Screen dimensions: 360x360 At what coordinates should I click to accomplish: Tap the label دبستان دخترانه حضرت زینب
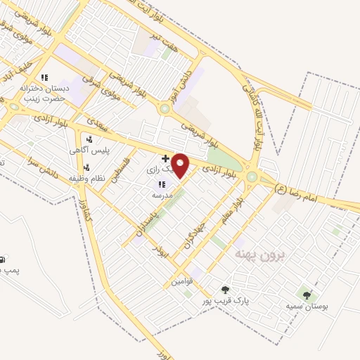point(43,94)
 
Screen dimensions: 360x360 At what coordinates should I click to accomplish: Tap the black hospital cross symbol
point(165,159)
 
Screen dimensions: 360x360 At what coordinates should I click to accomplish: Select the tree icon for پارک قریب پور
point(225,290)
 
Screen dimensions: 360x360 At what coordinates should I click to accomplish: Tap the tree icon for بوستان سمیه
point(306,295)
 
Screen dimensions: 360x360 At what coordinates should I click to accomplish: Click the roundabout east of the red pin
point(252,176)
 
